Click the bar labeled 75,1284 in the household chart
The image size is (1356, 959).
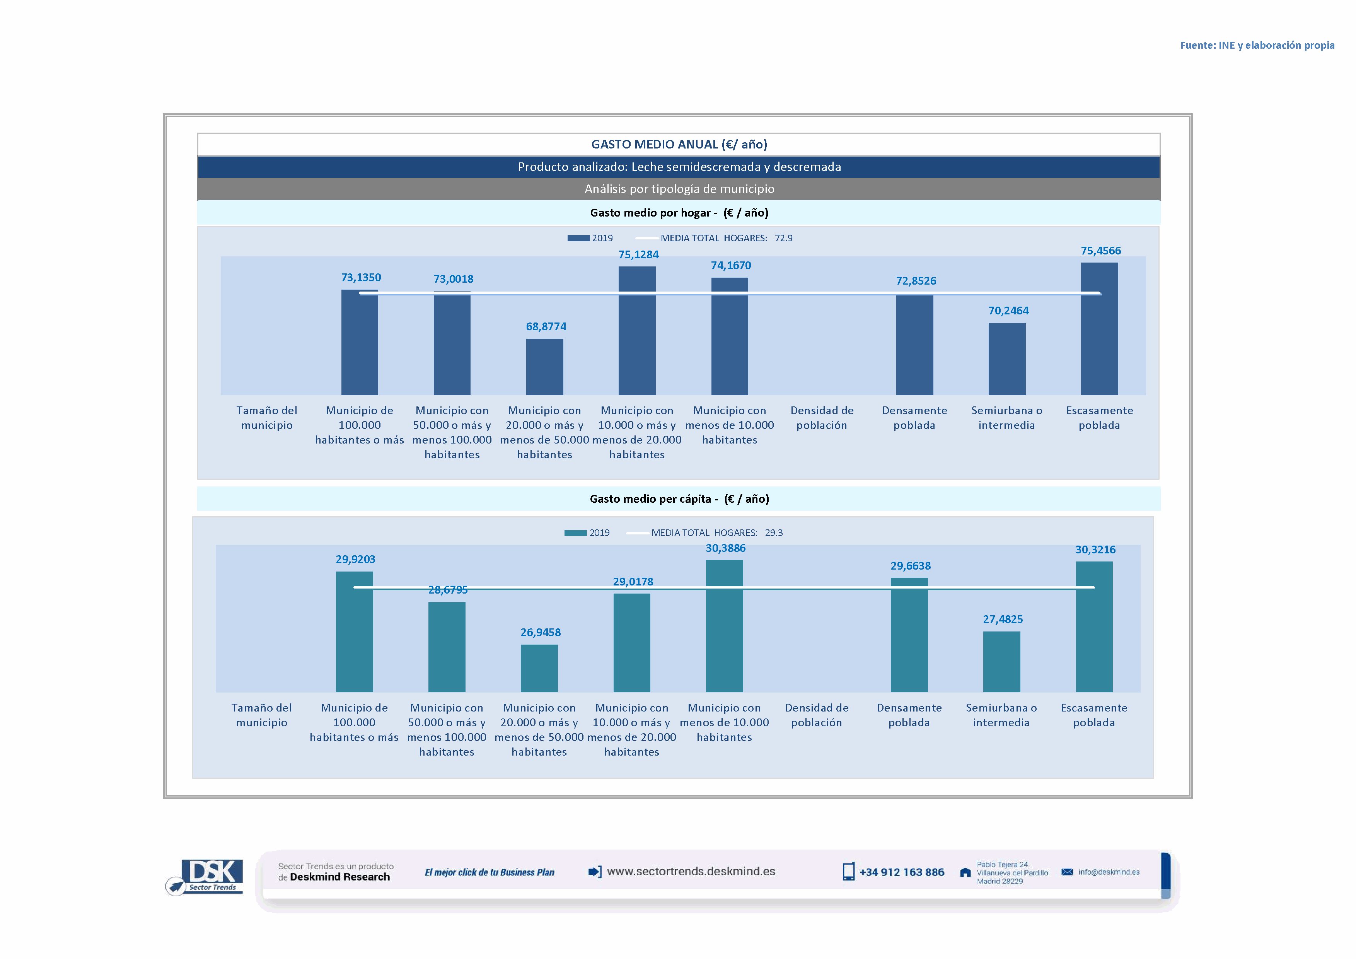click(x=637, y=331)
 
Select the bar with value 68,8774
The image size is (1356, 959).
click(x=544, y=367)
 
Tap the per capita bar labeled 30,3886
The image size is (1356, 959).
click(x=724, y=626)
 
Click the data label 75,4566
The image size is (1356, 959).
click(x=1100, y=251)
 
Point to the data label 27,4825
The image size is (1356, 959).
click(x=1002, y=619)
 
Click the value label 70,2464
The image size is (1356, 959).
click(x=1008, y=311)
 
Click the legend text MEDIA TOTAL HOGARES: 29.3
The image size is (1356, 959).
click(x=716, y=532)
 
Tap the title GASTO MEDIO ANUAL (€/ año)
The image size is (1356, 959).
click(x=679, y=145)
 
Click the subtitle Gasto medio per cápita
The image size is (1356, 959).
click(x=679, y=499)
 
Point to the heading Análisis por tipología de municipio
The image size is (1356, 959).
click(x=679, y=189)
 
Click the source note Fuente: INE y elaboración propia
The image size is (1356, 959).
click(x=1257, y=46)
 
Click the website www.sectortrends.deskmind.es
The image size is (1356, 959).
click(x=691, y=872)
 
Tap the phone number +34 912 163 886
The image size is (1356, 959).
click(x=901, y=872)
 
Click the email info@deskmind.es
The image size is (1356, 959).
click(x=1109, y=872)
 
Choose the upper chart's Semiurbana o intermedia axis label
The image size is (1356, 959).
click(x=1006, y=418)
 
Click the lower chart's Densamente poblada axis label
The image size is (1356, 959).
click(x=909, y=715)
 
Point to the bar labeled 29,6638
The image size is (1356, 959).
click(x=909, y=635)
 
